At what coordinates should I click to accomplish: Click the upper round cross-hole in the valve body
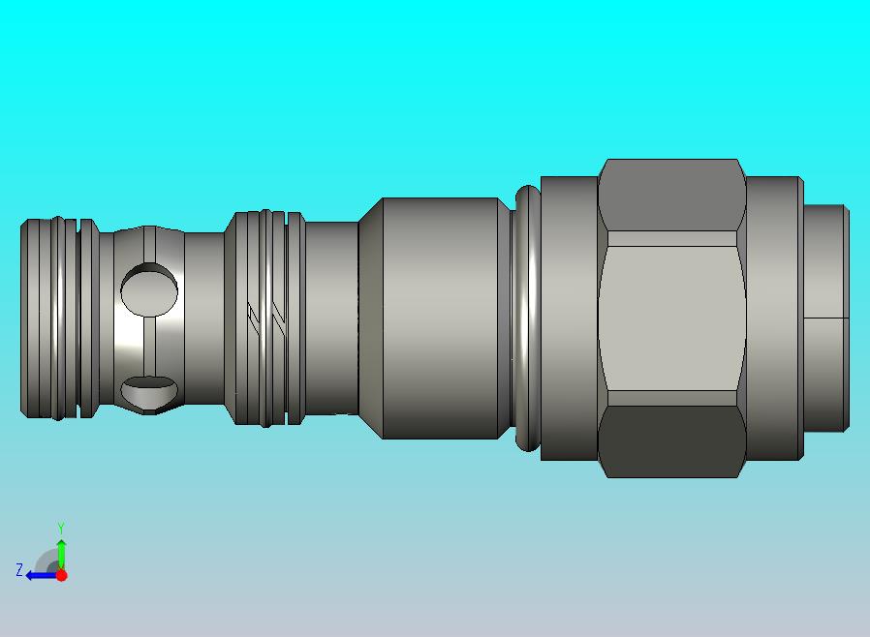[149, 289]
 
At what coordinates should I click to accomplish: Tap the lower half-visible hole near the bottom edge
[149, 393]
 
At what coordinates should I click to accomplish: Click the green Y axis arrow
[62, 555]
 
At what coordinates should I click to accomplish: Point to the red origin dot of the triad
[62, 575]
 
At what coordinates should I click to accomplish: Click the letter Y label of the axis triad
[61, 528]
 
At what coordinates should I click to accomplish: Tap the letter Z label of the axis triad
[19, 569]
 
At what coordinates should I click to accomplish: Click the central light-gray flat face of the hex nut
[672, 318]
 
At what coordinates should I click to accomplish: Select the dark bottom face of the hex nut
[672, 441]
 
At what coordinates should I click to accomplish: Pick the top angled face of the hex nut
[672, 195]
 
